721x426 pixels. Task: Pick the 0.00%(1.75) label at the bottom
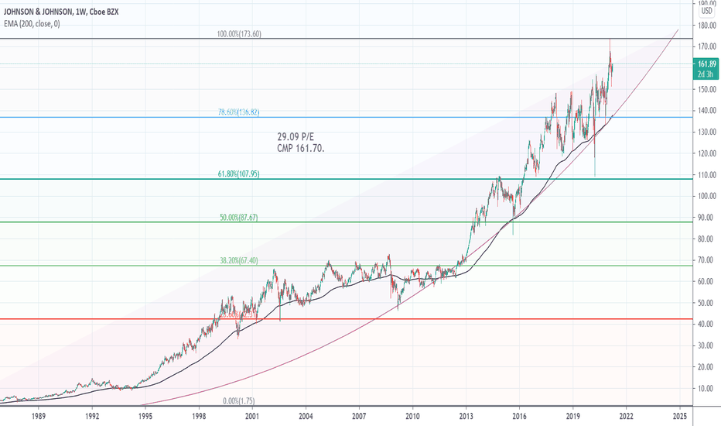coord(238,400)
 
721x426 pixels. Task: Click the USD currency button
coord(707,12)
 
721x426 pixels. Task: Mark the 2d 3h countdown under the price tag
coord(706,74)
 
